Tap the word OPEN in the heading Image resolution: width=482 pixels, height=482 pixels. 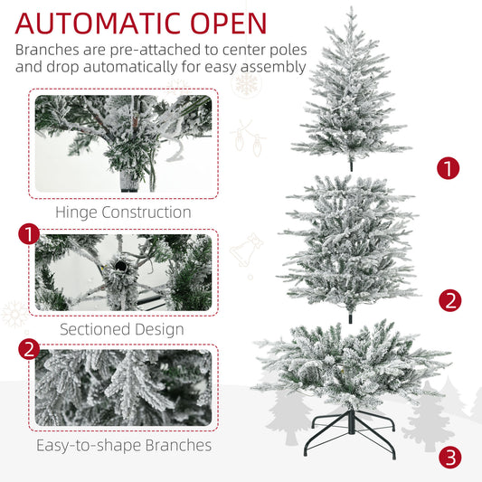tap(229, 24)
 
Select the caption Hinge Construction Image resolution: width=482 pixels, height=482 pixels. tap(123, 213)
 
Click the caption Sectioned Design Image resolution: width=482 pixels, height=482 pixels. tap(122, 329)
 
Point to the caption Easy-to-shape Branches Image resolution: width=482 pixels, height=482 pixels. tap(124, 446)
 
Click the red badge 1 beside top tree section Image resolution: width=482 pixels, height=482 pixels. tap(449, 168)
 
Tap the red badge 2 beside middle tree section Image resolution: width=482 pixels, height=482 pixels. tap(450, 300)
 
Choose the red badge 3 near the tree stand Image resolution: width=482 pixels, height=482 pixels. tap(450, 457)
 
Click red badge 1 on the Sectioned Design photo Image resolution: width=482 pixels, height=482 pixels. tap(29, 234)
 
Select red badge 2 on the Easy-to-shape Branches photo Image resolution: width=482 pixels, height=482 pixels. tap(29, 349)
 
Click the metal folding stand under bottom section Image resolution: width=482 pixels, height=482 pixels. tap(350, 434)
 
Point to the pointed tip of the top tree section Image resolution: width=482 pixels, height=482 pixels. tap(351, 6)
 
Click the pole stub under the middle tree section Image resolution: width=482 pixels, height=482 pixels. tap(351, 317)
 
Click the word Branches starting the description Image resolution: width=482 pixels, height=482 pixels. tap(47, 50)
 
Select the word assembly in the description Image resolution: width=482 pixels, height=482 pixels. tap(273, 68)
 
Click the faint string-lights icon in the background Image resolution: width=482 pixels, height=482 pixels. tap(248, 138)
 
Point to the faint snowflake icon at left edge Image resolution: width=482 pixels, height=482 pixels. tap(14, 314)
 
